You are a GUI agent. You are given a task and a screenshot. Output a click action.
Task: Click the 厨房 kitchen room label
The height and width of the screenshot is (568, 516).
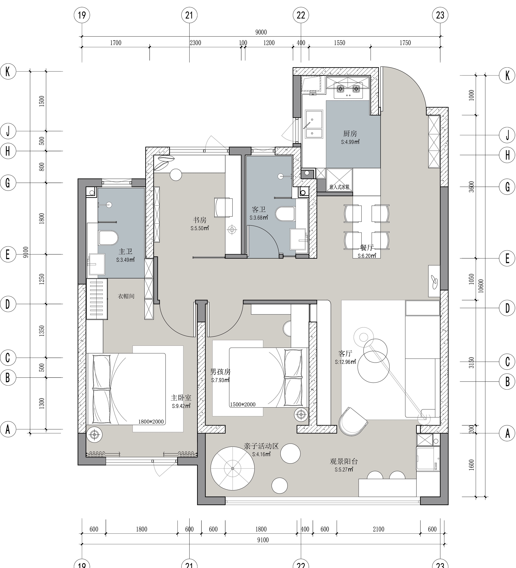350,133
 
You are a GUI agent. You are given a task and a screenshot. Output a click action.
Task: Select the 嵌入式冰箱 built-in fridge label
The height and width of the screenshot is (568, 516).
339,187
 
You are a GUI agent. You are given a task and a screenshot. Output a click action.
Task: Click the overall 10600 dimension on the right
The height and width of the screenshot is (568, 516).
481,286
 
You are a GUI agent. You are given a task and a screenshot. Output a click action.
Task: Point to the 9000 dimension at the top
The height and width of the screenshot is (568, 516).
261,32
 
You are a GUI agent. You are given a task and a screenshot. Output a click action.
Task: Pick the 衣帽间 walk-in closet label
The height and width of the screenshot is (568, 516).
126,296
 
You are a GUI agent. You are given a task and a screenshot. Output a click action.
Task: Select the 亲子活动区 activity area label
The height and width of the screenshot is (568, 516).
261,446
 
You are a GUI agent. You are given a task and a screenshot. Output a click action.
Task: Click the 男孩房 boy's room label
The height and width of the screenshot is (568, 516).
220,372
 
